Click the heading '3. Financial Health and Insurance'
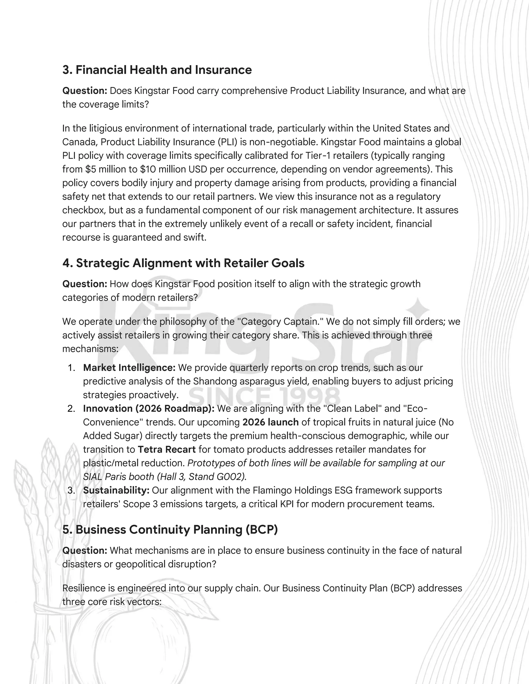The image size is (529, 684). (x=157, y=70)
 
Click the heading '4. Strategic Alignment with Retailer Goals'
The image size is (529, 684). (x=183, y=263)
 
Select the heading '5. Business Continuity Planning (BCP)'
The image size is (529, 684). (x=170, y=530)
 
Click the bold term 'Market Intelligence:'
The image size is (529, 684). (x=129, y=368)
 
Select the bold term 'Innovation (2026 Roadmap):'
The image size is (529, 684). (x=149, y=409)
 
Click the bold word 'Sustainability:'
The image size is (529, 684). (x=116, y=490)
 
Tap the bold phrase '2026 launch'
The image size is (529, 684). (x=270, y=423)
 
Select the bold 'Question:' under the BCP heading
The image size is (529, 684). (x=85, y=551)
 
